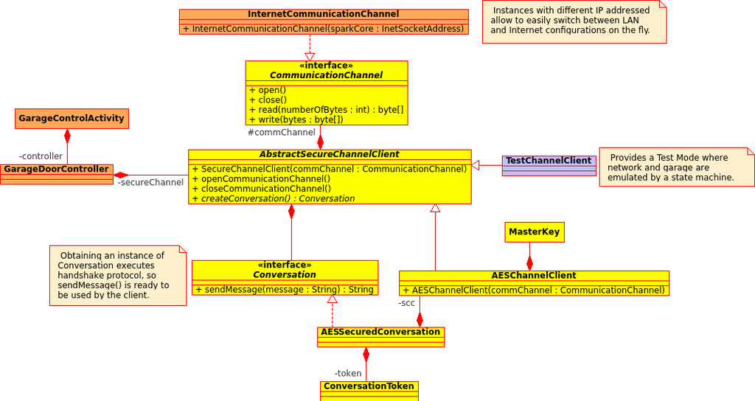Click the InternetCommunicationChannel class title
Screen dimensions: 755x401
point(324,14)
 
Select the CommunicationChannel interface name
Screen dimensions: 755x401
point(326,75)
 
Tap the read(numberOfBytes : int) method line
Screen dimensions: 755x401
point(327,110)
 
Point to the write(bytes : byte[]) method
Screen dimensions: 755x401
point(296,119)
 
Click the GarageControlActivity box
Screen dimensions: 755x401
point(72,119)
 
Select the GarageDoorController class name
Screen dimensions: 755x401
point(56,169)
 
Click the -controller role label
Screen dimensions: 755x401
point(41,156)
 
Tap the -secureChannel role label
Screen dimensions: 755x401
point(150,183)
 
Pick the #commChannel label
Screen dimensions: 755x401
point(282,133)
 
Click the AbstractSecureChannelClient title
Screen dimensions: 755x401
point(330,154)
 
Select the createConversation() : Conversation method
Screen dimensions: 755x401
point(274,199)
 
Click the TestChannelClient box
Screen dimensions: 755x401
point(549,166)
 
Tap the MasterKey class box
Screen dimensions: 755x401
point(535,232)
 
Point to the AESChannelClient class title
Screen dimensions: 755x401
point(534,276)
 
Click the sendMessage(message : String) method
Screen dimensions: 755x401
point(285,289)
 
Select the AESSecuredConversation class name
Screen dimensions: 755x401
point(380,332)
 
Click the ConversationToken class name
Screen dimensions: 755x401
point(369,386)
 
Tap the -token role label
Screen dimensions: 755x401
point(348,373)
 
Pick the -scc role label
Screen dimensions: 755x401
point(406,303)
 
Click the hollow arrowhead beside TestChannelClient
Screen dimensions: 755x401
point(476,166)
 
